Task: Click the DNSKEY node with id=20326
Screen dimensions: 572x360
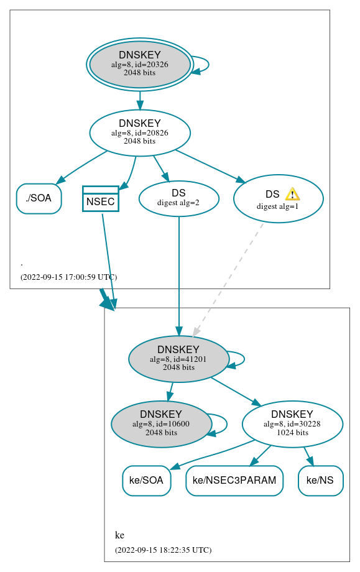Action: point(140,65)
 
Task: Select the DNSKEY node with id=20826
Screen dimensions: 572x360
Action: point(140,132)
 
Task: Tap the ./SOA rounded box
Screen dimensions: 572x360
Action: point(39,199)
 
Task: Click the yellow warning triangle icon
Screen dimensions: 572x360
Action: point(292,194)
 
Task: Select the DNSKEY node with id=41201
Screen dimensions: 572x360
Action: point(178,359)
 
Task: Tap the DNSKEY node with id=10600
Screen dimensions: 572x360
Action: point(161,424)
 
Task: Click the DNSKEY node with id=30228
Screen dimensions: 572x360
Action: point(292,424)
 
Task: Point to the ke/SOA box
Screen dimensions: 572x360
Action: point(146,481)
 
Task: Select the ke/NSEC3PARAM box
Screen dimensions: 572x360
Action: point(234,481)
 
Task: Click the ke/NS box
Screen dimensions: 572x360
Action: point(320,481)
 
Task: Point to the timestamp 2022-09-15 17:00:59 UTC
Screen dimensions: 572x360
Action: point(68,277)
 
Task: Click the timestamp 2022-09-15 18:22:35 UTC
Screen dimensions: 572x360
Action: point(163,550)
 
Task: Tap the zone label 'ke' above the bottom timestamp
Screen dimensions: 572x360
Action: point(119,535)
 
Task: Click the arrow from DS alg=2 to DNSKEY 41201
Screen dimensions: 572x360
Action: point(179,274)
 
